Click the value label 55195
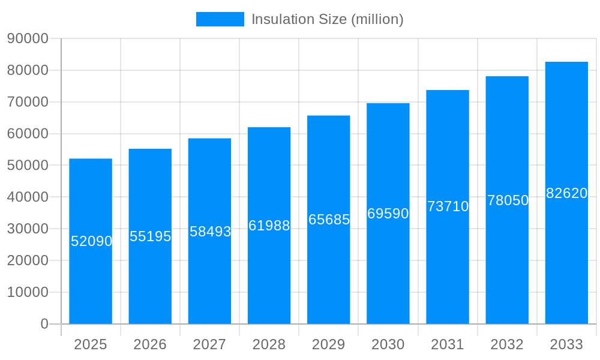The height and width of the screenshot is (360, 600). pyautogui.click(x=150, y=236)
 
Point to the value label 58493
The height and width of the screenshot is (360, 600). pyautogui.click(x=210, y=232)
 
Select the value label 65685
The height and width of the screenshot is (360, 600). pyautogui.click(x=329, y=220)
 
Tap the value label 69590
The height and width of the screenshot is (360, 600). pyautogui.click(x=388, y=214)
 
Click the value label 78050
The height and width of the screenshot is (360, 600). pyautogui.click(x=508, y=200)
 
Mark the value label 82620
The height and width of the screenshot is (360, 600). pyautogui.click(x=566, y=193)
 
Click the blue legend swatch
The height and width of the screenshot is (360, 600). pyautogui.click(x=220, y=19)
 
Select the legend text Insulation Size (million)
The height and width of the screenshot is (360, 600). pyautogui.click(x=327, y=19)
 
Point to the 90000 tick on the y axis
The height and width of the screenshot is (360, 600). pyautogui.click(x=28, y=38)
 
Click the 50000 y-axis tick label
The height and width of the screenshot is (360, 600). pyautogui.click(x=28, y=165)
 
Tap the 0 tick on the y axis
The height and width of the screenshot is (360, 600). pyautogui.click(x=44, y=324)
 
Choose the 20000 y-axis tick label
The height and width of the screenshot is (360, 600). pyautogui.click(x=28, y=260)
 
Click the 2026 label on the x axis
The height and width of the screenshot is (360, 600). pyautogui.click(x=150, y=344)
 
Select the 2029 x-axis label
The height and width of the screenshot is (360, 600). pyautogui.click(x=329, y=344)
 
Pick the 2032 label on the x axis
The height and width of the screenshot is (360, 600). pyautogui.click(x=507, y=344)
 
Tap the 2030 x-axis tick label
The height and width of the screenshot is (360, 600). pyautogui.click(x=388, y=344)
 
